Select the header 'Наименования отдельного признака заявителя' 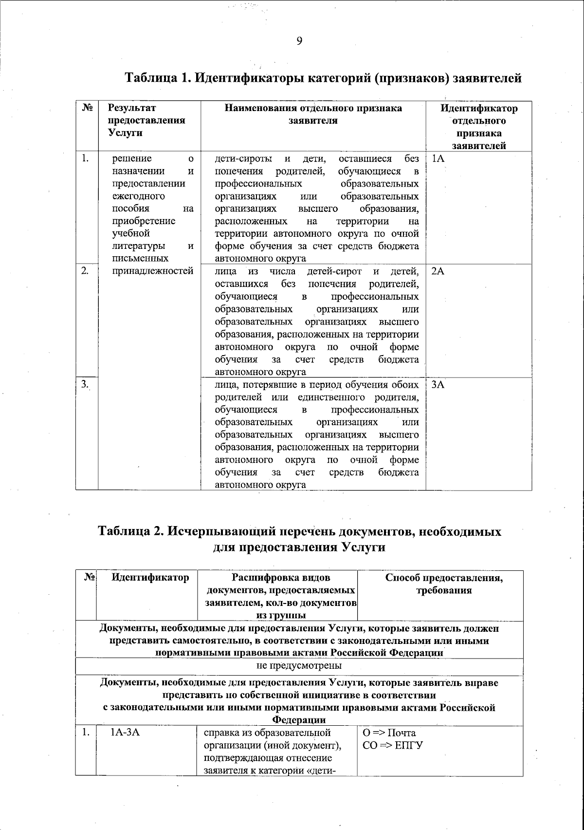313,114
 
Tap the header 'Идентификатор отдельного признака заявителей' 479,127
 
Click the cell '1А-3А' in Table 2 126,732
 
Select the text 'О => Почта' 389,733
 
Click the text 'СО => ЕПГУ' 393,745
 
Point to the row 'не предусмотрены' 299,665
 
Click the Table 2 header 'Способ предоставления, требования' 444,584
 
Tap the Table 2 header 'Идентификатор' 150,578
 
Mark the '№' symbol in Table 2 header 89,578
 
